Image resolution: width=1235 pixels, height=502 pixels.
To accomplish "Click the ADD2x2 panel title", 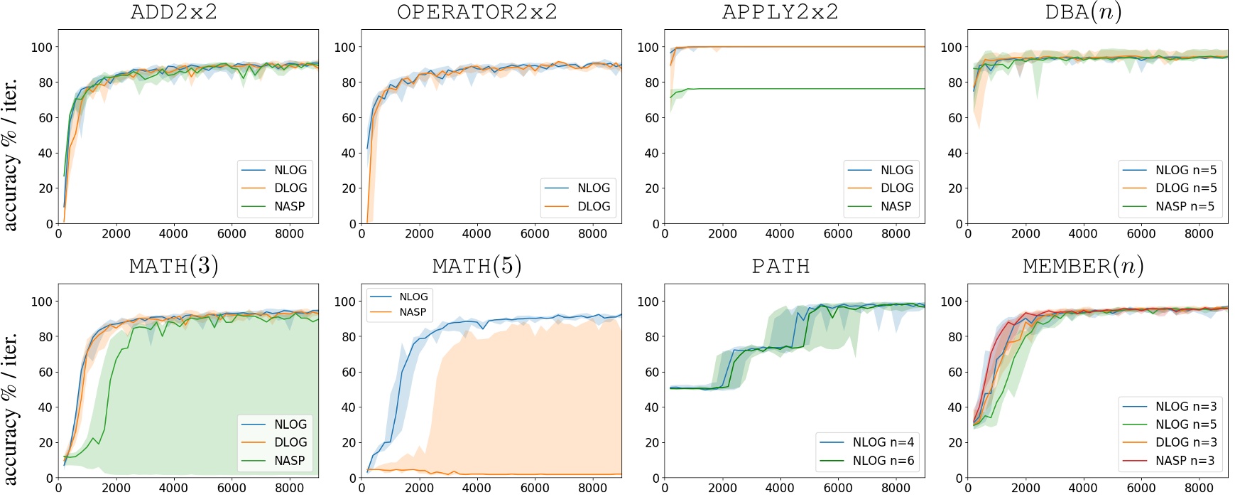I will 174,12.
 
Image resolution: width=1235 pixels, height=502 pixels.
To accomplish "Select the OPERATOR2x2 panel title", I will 477,12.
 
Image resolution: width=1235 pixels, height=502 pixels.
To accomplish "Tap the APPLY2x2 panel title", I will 780,12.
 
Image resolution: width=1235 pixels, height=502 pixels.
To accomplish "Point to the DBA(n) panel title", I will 1083,12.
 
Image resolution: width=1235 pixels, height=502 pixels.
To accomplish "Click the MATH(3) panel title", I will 174,266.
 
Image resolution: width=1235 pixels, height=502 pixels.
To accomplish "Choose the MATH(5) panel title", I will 477,266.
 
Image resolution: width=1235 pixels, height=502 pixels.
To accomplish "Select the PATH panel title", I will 780,266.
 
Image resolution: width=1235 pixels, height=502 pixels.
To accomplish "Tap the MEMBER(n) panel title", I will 1083,266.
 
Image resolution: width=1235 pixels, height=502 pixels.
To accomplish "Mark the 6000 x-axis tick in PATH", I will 838,488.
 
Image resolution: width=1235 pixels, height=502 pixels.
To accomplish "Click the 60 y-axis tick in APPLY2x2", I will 651,117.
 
